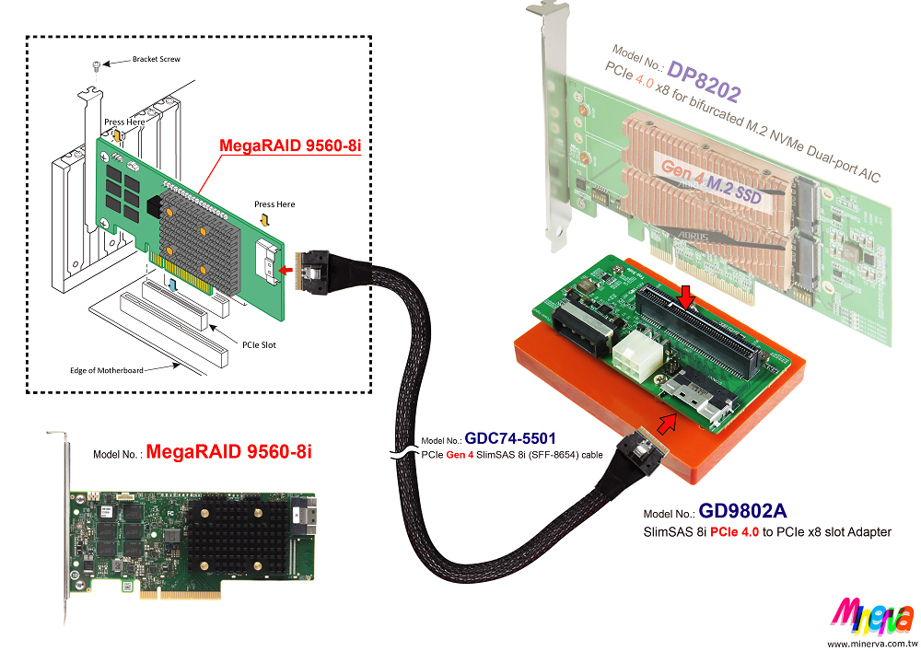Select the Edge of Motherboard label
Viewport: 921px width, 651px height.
[x=107, y=370]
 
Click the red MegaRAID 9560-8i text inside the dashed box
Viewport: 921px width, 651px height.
[x=277, y=145]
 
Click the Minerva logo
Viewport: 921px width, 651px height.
[x=872, y=616]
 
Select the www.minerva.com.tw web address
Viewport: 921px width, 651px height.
[x=870, y=643]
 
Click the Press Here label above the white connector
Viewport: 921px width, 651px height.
[x=274, y=204]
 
